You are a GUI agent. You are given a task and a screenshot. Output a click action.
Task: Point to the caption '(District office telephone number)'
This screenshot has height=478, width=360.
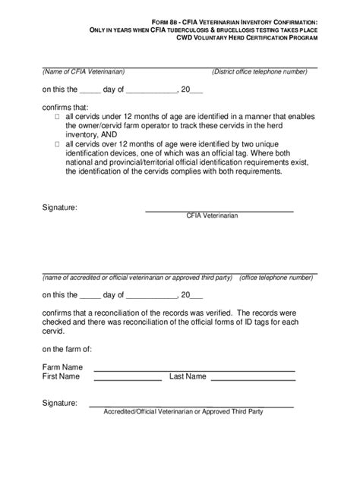coord(260,72)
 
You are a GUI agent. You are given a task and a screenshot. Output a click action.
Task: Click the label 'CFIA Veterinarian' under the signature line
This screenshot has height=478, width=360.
coord(213,216)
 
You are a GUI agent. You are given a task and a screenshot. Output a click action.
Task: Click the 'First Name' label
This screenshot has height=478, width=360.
coord(62,376)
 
